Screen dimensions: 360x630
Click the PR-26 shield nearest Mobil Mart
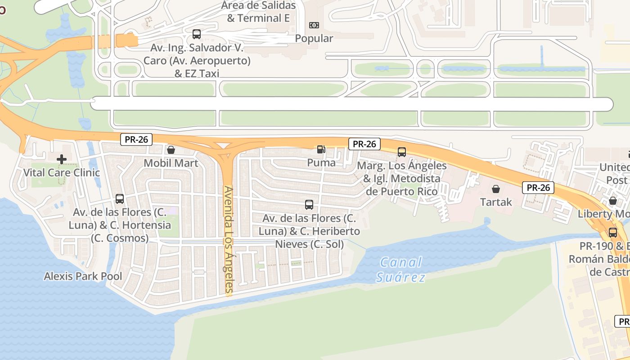pyautogui.click(x=136, y=139)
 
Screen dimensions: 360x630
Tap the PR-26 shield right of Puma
pyautogui.click(x=364, y=144)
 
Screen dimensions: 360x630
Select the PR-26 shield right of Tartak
pyautogui.click(x=538, y=188)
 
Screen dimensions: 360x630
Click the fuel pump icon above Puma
pyautogui.click(x=321, y=149)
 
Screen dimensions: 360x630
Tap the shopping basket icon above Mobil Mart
pyautogui.click(x=171, y=150)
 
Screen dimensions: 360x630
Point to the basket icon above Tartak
pyautogui.click(x=496, y=189)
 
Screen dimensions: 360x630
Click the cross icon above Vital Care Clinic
pyautogui.click(x=61, y=159)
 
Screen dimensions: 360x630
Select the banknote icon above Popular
pyautogui.click(x=314, y=25)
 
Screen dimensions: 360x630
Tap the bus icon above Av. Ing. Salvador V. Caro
pyautogui.click(x=197, y=34)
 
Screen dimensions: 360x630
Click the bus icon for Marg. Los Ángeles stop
pyautogui.click(x=402, y=152)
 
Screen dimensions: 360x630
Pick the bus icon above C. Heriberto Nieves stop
pyautogui.click(x=309, y=205)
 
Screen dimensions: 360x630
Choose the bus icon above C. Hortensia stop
pyautogui.click(x=120, y=198)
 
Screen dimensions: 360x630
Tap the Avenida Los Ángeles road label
pyautogui.click(x=229, y=240)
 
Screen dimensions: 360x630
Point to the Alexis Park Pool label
pyautogui.click(x=83, y=276)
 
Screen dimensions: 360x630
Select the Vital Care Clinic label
pyautogui.click(x=61, y=172)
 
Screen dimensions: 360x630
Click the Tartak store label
pyautogui.click(x=496, y=202)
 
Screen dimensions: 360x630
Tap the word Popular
pyautogui.click(x=314, y=39)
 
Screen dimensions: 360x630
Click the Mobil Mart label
pyautogui.click(x=171, y=163)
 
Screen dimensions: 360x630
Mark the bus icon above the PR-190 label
pyautogui.click(x=613, y=233)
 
